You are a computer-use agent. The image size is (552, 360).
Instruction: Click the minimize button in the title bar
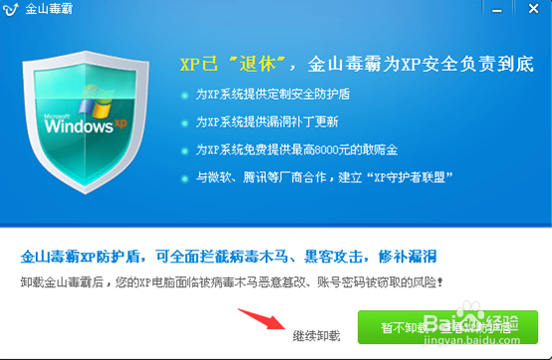[516, 11]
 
